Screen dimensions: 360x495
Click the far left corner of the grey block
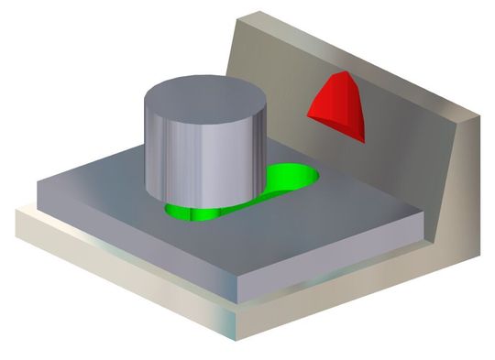tap(37, 183)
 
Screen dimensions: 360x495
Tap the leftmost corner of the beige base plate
tap(16, 213)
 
